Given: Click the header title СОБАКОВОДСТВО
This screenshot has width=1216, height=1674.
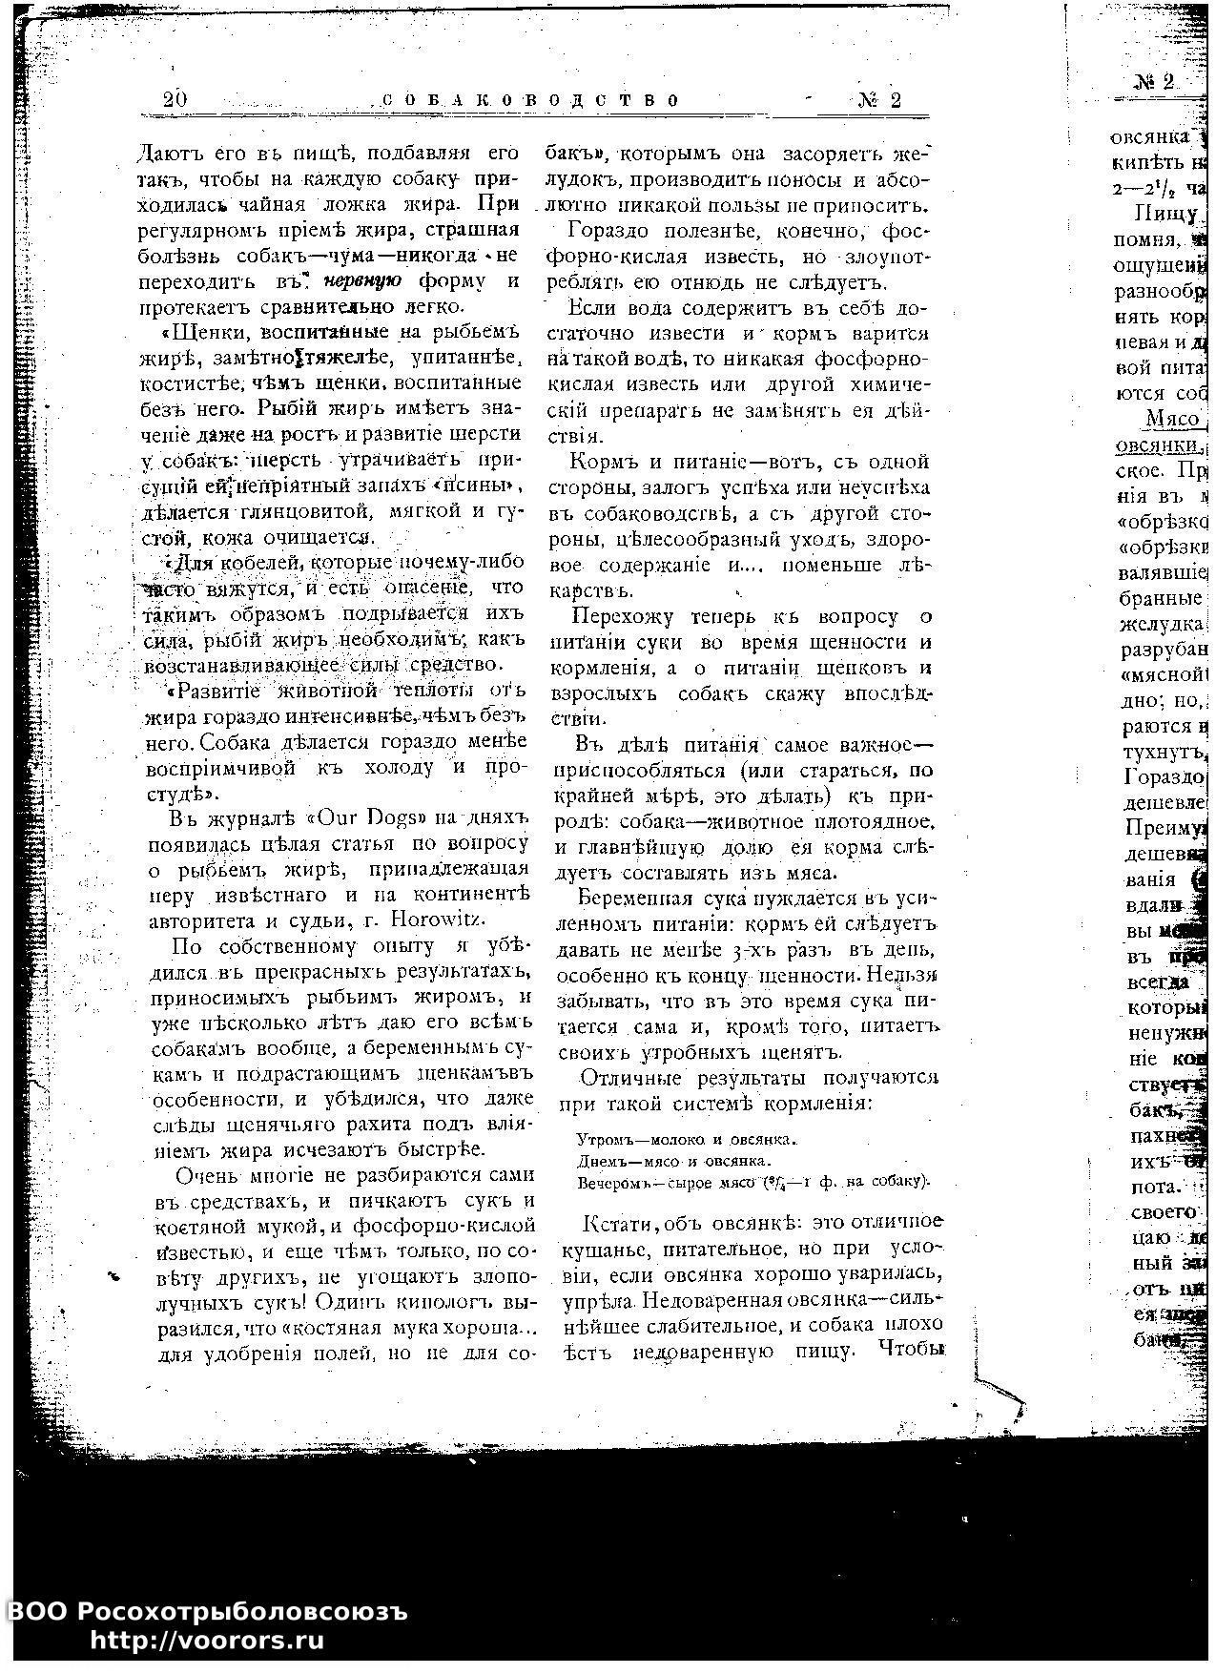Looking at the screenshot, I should point(530,100).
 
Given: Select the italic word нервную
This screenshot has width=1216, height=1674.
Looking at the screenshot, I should point(362,281).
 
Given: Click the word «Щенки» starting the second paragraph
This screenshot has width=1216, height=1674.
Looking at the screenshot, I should point(199,333).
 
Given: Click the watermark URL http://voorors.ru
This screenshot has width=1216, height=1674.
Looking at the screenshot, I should point(207,1641).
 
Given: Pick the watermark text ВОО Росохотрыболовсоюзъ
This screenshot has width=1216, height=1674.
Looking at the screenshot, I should point(207,1611).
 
